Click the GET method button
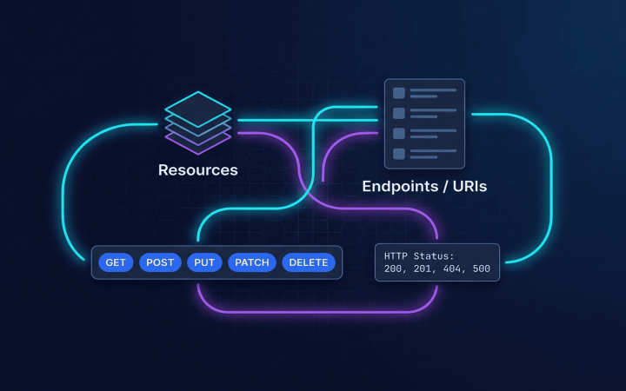click(116, 262)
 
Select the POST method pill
click(160, 262)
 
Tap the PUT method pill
click(204, 262)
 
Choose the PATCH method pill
click(252, 262)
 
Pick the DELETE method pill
click(308, 262)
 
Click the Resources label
click(197, 170)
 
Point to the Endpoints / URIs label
click(424, 186)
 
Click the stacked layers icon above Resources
click(198, 122)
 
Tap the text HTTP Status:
click(419, 255)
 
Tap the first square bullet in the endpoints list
click(399, 93)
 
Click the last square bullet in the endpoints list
click(399, 154)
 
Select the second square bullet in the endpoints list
click(399, 113)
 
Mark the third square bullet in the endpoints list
click(399, 134)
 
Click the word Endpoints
click(400, 186)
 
